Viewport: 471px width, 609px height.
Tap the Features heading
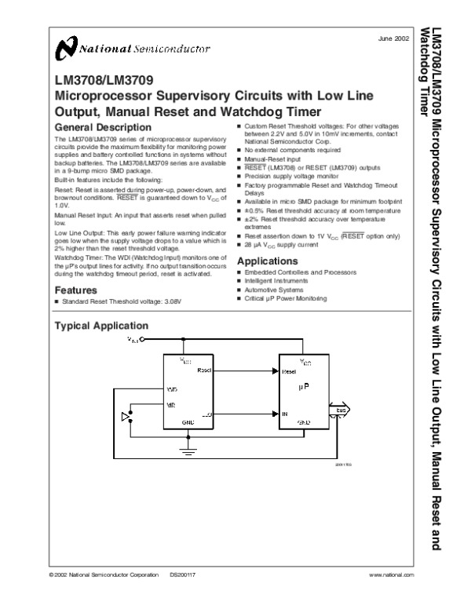(x=76, y=290)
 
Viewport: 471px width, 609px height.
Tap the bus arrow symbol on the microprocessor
(x=342, y=410)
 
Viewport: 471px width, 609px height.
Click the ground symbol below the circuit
(x=186, y=450)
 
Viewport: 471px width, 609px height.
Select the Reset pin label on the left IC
(x=204, y=369)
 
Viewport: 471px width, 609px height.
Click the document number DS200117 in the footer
(x=182, y=575)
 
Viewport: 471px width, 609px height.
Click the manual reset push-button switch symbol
(x=126, y=416)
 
